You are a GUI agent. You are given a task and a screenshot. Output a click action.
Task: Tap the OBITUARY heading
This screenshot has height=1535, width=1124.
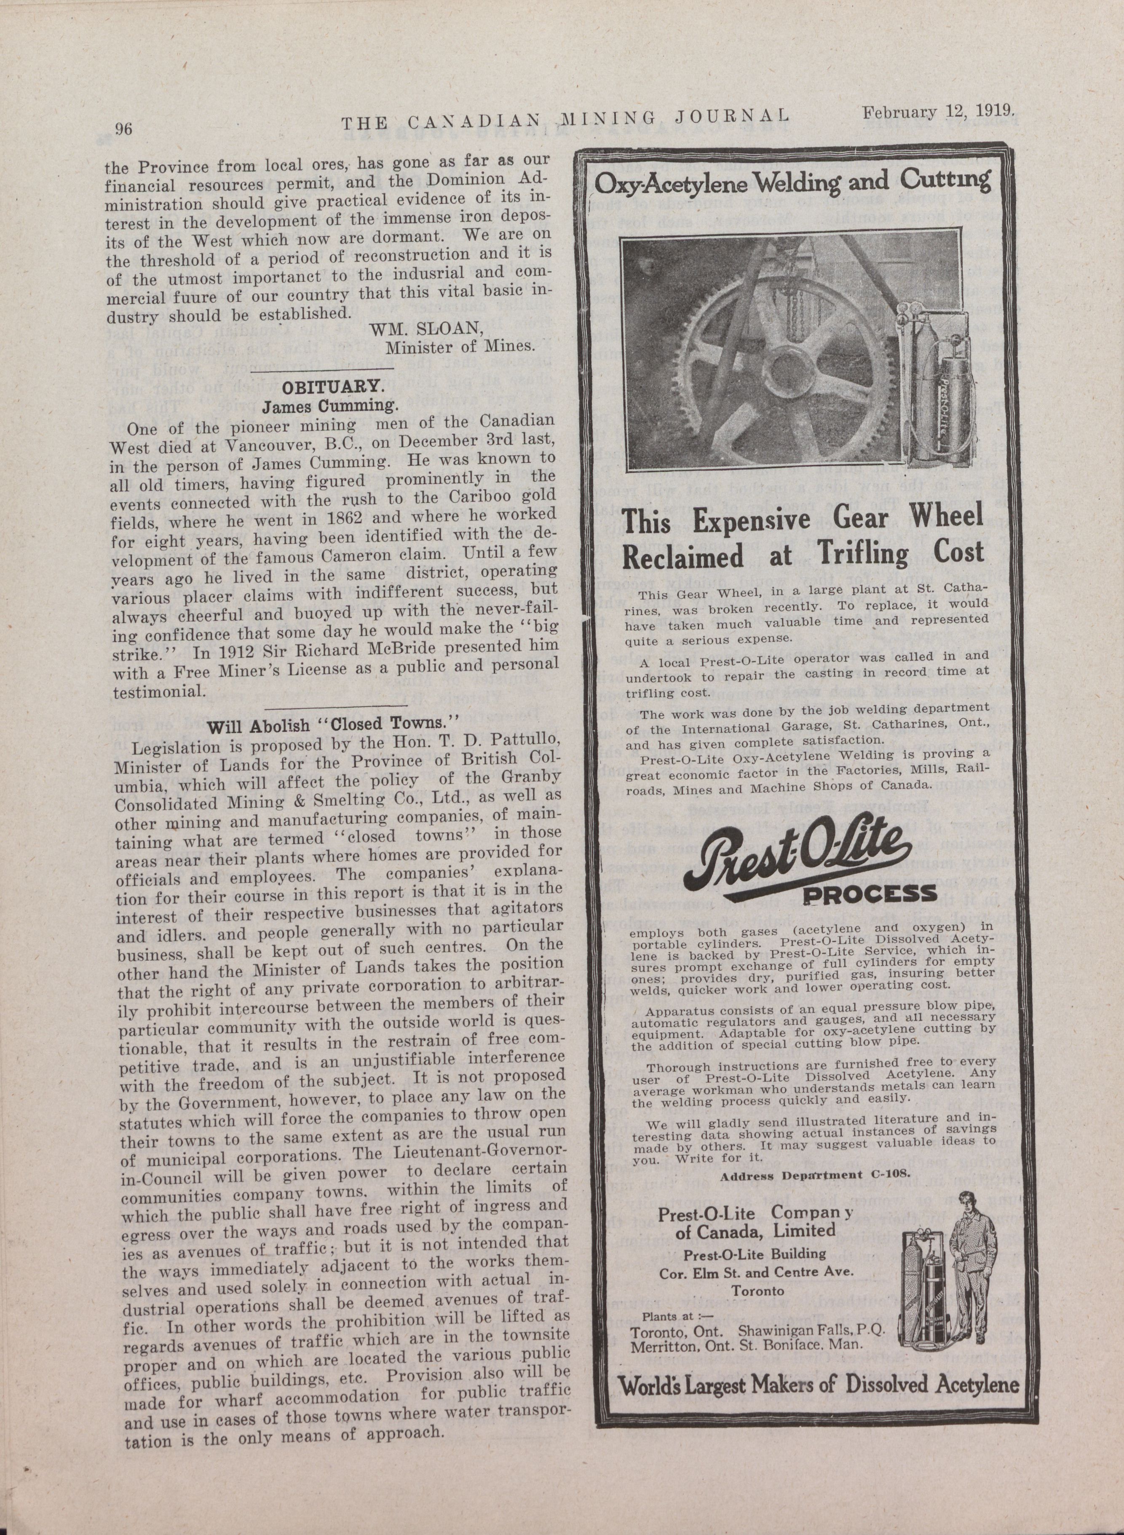[333, 388]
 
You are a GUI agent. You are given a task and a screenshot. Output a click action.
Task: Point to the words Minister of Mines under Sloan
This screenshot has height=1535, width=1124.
[460, 347]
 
